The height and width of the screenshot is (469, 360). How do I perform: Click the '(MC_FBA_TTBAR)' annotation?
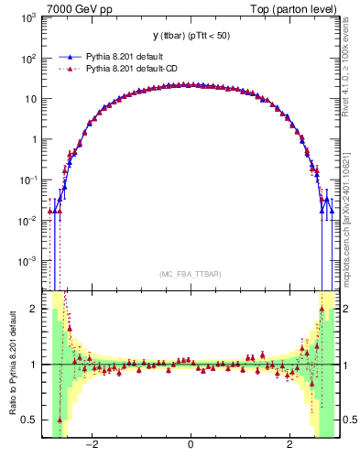coord(190,274)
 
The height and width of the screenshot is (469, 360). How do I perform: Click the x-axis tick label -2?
coord(91,446)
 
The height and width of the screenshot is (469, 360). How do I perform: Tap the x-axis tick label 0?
coord(190,446)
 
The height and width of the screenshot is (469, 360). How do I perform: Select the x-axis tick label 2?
coord(289,446)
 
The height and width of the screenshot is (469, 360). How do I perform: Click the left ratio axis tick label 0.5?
coord(31,420)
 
